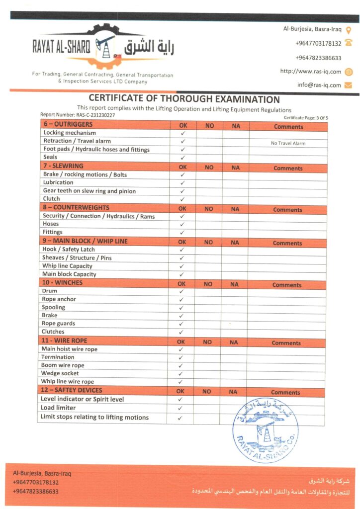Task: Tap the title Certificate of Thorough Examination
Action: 184,99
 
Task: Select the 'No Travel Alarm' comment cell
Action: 288,143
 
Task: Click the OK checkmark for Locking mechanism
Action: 183,133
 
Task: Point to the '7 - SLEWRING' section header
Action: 63,166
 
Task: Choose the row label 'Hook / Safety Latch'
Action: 69,250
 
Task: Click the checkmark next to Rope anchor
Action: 181,299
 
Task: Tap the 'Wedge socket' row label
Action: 60,373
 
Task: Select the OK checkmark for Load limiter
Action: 180,408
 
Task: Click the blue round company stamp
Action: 266,430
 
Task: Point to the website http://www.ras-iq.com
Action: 311,72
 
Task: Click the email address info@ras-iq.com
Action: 319,85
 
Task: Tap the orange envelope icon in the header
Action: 348,85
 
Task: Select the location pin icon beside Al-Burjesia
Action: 349,30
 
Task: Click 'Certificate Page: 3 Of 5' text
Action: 306,118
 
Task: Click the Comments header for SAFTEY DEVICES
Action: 285,392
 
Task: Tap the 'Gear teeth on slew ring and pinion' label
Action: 90,191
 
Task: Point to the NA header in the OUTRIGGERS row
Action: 236,126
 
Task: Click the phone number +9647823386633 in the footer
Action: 36,492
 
